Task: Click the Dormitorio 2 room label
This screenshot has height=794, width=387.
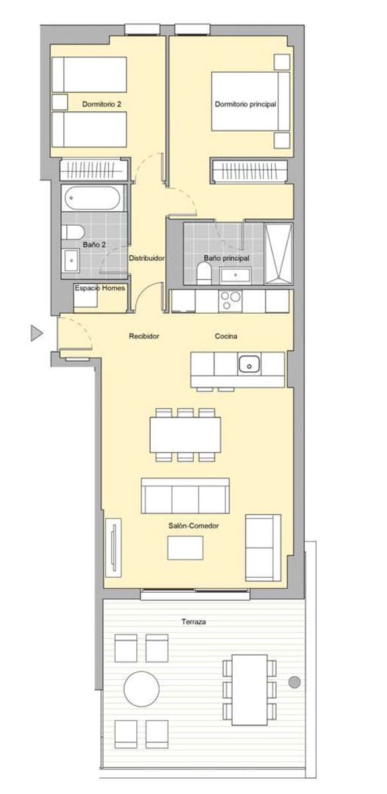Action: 101,104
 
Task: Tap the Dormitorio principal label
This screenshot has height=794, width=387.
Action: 245,104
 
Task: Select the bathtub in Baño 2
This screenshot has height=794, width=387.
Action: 93,198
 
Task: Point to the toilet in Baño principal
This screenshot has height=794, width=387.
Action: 204,273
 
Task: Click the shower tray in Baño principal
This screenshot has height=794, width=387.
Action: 278,254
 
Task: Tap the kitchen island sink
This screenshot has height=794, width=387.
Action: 249,363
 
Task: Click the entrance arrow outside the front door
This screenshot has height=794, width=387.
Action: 36,333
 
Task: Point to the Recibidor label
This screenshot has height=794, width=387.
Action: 144,336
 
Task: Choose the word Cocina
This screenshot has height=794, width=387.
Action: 226,336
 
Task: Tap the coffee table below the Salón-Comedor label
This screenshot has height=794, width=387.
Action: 185,547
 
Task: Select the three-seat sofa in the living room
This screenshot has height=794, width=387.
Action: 185,495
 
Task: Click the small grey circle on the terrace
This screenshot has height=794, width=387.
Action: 294,682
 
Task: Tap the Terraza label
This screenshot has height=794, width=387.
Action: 194,622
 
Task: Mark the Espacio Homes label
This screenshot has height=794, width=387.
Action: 100,288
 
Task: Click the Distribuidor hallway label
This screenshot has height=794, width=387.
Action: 146,258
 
